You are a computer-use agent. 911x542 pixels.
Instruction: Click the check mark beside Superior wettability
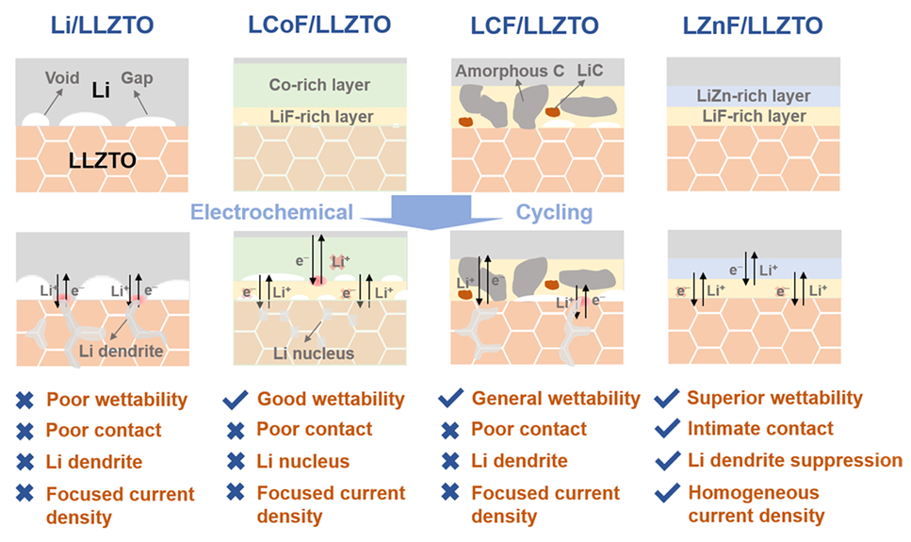669,399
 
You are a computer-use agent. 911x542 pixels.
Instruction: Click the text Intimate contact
760,429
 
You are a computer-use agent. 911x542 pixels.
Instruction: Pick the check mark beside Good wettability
236,400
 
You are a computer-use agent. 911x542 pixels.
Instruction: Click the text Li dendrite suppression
794,460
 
